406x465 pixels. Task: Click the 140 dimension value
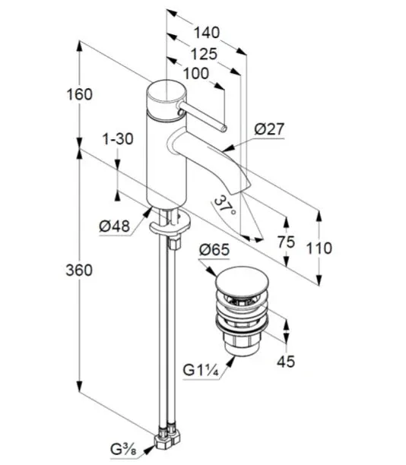pos(207,33)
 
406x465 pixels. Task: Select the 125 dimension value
pos(204,54)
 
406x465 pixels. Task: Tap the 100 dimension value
pos(196,74)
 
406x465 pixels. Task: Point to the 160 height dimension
pos(80,95)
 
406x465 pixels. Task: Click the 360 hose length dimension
pos(79,270)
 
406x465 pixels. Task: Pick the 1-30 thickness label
pos(118,139)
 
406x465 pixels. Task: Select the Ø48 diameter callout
pos(115,226)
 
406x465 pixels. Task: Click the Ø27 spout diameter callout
pos(269,129)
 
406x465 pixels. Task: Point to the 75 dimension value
pos(287,242)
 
